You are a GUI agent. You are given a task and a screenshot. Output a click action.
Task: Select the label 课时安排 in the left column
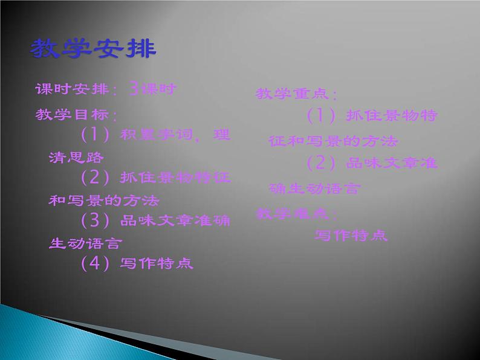(x=71, y=90)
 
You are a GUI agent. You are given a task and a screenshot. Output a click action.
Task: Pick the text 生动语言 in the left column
(x=85, y=243)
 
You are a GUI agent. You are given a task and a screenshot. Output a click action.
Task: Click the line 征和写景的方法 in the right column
(x=333, y=142)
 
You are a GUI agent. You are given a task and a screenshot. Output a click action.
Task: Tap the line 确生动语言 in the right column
(x=314, y=189)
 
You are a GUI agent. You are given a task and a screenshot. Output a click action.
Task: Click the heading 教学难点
(x=296, y=213)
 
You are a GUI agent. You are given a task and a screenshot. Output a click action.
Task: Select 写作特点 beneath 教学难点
(x=351, y=236)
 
